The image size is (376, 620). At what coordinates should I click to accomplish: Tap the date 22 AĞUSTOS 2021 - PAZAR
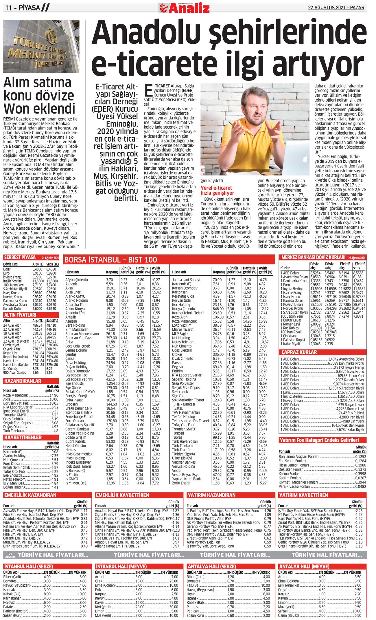[x=336, y=8]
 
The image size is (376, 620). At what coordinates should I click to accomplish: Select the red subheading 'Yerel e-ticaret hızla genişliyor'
[x=217, y=190]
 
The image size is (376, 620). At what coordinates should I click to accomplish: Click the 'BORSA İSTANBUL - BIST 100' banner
[x=111, y=260]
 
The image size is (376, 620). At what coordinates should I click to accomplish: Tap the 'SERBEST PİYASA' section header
[x=20, y=257]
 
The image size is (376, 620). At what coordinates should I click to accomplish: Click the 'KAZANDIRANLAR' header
[x=23, y=381]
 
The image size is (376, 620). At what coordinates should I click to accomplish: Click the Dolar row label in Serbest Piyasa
[x=7, y=269]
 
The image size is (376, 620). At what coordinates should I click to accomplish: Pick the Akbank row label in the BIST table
[x=71, y=284]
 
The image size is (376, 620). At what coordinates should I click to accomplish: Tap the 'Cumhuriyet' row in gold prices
[x=11, y=345]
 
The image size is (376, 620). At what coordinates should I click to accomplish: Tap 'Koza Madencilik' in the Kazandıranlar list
[x=16, y=395]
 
